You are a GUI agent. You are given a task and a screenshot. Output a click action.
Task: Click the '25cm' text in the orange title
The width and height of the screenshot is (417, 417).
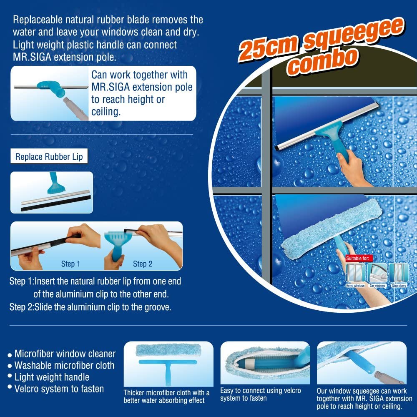click(268, 48)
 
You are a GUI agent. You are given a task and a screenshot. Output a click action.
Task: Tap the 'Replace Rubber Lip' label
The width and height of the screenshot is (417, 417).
click(49, 156)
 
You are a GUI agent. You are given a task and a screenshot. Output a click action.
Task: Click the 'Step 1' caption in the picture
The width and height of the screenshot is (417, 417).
click(70, 264)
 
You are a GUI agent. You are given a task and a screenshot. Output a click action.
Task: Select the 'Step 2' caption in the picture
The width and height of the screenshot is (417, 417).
click(143, 264)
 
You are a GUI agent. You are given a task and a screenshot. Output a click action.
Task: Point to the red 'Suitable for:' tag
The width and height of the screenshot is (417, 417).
click(359, 258)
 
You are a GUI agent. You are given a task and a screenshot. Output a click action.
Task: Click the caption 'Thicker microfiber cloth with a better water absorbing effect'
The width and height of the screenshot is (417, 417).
click(166, 396)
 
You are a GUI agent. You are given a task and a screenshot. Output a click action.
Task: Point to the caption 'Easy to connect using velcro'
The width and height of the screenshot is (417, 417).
click(260, 390)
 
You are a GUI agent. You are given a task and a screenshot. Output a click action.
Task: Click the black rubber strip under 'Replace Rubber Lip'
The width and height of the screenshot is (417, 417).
click(56, 204)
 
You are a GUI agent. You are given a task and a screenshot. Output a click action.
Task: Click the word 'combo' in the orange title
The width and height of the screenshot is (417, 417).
click(323, 62)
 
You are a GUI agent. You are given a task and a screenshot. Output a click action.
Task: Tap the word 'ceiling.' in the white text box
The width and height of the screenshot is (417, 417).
click(106, 112)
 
